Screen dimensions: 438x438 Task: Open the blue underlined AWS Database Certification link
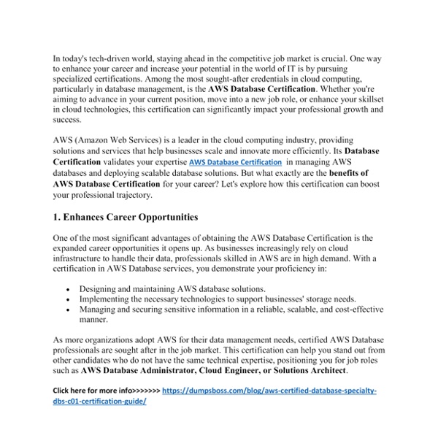(x=235, y=162)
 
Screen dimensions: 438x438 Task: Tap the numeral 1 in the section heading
(x=57, y=217)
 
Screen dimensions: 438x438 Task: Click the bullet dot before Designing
(x=68, y=289)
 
